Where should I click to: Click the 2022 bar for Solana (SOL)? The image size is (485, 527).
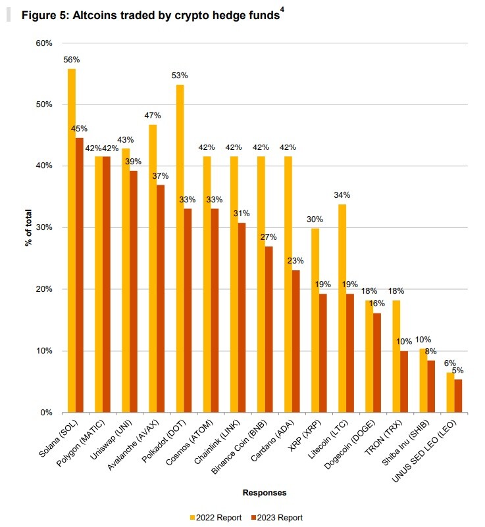point(72,241)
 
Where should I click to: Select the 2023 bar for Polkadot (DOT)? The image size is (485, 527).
point(188,311)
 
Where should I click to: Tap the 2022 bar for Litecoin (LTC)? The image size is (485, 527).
point(342,309)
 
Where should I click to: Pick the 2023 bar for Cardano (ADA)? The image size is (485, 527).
point(296,341)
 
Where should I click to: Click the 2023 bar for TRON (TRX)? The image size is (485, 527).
point(404,382)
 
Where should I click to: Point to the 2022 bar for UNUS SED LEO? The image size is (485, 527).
point(450,392)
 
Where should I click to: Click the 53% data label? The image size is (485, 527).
point(180,76)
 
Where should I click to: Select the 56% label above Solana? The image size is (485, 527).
point(72,60)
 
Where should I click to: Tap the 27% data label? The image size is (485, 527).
point(268,237)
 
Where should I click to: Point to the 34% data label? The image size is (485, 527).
point(342,195)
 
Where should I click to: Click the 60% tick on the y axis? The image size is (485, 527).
point(44,43)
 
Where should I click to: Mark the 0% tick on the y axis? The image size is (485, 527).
point(47,413)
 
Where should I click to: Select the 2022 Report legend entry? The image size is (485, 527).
point(216,518)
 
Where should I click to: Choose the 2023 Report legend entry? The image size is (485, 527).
point(277,518)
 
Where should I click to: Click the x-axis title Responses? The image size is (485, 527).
point(265,493)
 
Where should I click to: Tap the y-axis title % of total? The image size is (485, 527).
point(28,228)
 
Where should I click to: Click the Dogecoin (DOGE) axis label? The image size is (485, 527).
point(350,444)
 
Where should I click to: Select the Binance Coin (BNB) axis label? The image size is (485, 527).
point(240,447)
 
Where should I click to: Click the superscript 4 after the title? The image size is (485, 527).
point(282,10)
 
